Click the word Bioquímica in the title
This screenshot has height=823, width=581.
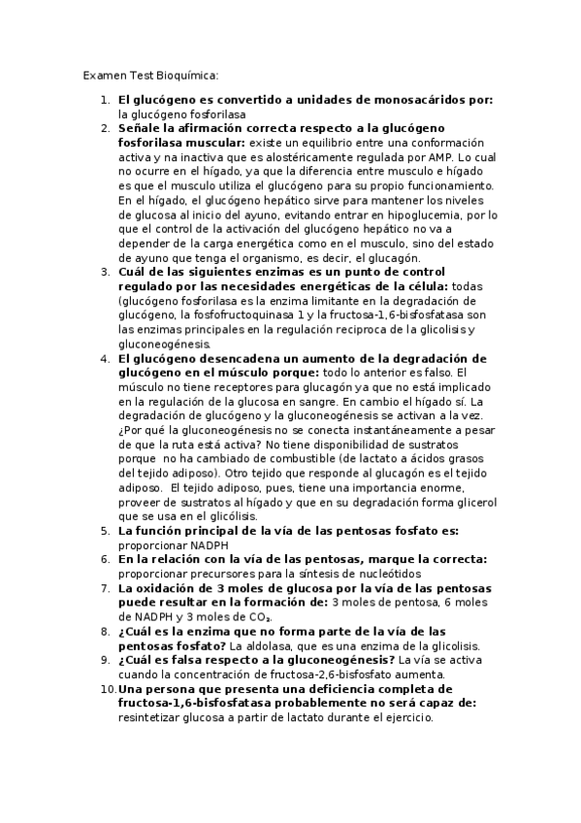185,75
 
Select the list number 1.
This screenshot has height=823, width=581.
106,100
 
